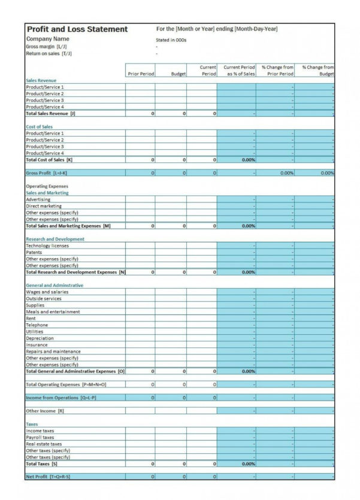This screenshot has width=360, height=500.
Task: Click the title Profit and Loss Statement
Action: coord(77,29)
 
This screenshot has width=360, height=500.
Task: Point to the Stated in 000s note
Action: coord(171,40)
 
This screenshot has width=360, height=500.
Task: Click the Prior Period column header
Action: coord(141,74)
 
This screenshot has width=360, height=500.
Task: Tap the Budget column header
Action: coord(178,74)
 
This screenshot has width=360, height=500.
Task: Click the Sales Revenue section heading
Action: coord(41,80)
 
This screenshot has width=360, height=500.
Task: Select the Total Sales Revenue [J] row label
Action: coord(51,113)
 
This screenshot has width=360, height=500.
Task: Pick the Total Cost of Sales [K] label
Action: coord(49,160)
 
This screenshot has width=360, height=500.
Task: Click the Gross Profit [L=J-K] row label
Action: coord(47,173)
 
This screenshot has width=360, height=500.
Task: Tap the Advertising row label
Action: coord(38,199)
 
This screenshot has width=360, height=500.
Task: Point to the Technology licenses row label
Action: coord(47,246)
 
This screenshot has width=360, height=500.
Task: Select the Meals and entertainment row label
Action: coord(53,311)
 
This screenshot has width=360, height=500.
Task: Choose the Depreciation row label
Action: coord(40,338)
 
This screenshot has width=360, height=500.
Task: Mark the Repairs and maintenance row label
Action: coord(53,351)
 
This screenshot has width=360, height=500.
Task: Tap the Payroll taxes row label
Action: coord(40,437)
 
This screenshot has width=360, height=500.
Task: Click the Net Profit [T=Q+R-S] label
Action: coord(49,477)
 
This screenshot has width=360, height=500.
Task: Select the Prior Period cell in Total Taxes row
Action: coord(141,463)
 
